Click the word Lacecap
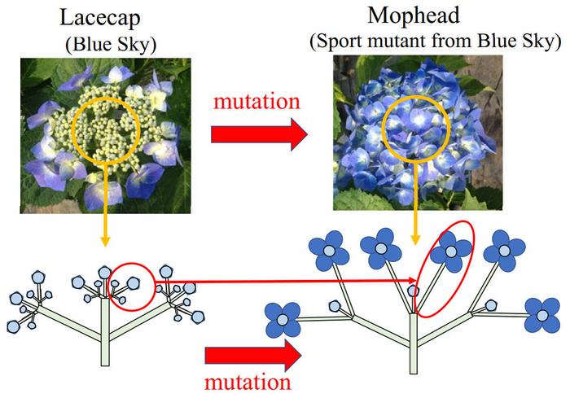[103, 17]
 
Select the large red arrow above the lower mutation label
[248, 355]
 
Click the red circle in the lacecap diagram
[131, 286]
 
